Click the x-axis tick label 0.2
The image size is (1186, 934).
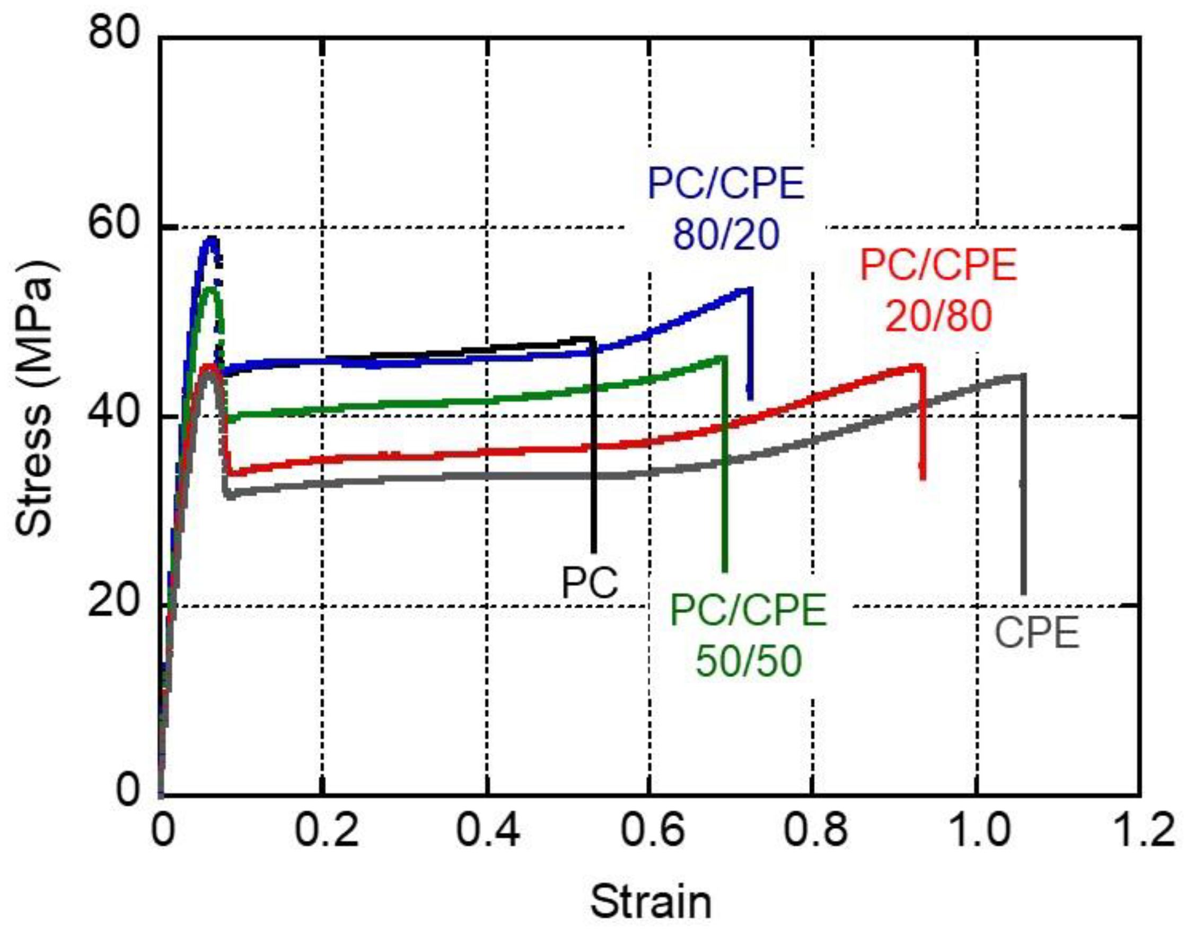(326, 830)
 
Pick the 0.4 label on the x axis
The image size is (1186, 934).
(488, 830)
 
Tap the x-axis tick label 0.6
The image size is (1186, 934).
(651, 830)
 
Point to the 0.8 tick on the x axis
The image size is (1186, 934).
(814, 830)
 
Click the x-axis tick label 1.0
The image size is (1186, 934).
(978, 830)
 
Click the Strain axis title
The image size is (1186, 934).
(651, 902)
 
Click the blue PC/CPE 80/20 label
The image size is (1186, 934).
(726, 209)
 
